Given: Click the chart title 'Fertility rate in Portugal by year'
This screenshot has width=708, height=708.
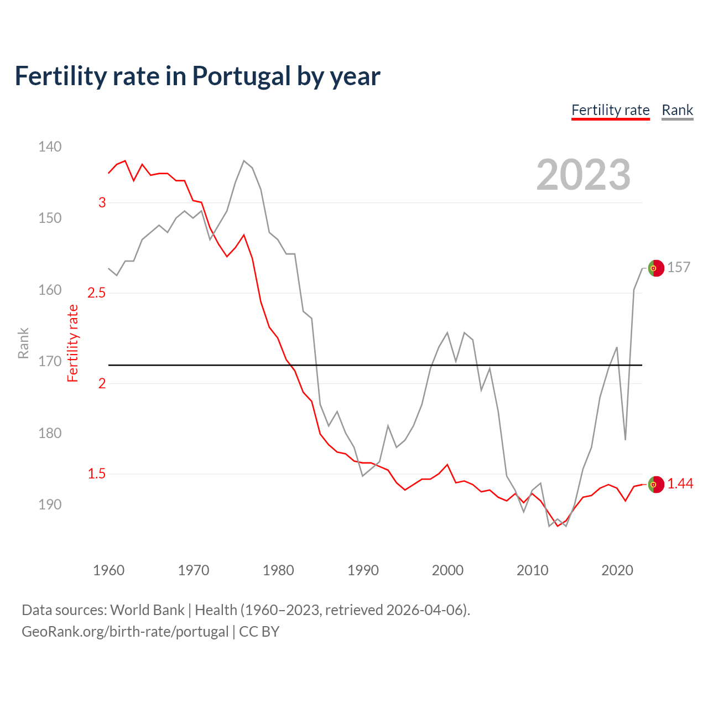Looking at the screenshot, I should tap(197, 76).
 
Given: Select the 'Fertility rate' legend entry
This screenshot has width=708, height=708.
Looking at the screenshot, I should tap(610, 110).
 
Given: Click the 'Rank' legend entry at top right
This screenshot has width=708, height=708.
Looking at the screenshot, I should tap(677, 110).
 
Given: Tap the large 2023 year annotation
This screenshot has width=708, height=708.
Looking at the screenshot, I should tap(583, 175).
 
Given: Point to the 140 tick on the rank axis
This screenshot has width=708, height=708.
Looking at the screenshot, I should tap(50, 147).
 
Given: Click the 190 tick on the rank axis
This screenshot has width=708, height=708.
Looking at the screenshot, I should tap(50, 504).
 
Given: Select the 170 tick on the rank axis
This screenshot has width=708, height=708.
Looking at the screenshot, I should tap(50, 361).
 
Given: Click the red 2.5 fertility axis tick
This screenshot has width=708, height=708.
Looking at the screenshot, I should tap(96, 293).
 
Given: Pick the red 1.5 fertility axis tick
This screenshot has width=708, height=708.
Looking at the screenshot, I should tap(96, 473).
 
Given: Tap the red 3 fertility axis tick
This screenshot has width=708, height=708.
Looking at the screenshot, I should tap(102, 202).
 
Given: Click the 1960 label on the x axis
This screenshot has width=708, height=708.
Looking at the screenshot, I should tap(108, 570).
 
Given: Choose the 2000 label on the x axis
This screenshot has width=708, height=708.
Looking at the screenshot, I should tap(447, 570).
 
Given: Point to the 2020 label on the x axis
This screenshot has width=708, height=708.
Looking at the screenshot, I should tap(617, 570).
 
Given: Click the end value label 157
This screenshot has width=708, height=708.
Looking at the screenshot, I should tap(679, 267).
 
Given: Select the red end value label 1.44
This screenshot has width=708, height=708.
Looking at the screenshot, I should tap(680, 483).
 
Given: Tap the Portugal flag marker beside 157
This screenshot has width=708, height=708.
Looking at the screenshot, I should tap(655, 268).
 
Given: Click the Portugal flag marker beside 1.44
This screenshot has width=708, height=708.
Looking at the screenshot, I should tap(655, 484).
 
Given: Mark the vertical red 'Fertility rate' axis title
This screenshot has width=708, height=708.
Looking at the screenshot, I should tap(73, 343).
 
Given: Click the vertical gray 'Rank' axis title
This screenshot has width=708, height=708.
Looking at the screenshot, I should tap(23, 343).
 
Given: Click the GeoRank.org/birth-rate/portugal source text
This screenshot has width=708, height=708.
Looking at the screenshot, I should tap(125, 632).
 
